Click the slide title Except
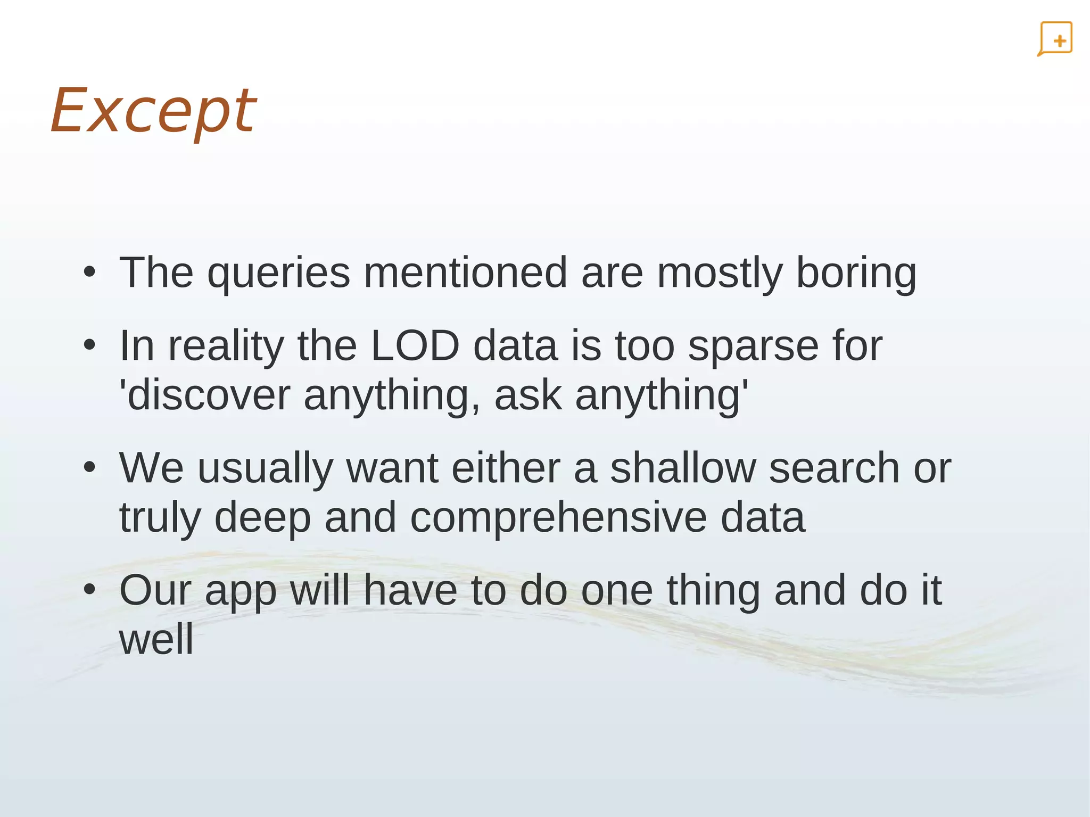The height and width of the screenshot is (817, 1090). pyautogui.click(x=153, y=111)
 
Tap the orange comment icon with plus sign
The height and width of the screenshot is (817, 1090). pyautogui.click(x=1055, y=39)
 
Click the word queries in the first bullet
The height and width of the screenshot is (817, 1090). pyautogui.click(x=278, y=274)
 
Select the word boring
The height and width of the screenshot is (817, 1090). pyautogui.click(x=856, y=274)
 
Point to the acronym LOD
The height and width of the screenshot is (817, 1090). pyautogui.click(x=415, y=346)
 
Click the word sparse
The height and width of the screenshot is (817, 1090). pyautogui.click(x=753, y=346)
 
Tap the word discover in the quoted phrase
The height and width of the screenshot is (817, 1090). pyautogui.click(x=209, y=395)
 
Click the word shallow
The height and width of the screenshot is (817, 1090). pyautogui.click(x=682, y=468)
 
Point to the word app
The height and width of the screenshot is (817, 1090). pyautogui.click(x=241, y=591)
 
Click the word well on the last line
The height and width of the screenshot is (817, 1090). pyautogui.click(x=156, y=639)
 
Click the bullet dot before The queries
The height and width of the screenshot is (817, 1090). pyautogui.click(x=89, y=273)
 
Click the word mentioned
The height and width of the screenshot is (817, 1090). pyautogui.click(x=465, y=273)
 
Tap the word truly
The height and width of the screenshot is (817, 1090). pyautogui.click(x=160, y=518)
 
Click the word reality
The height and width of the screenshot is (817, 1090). pyautogui.click(x=226, y=346)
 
